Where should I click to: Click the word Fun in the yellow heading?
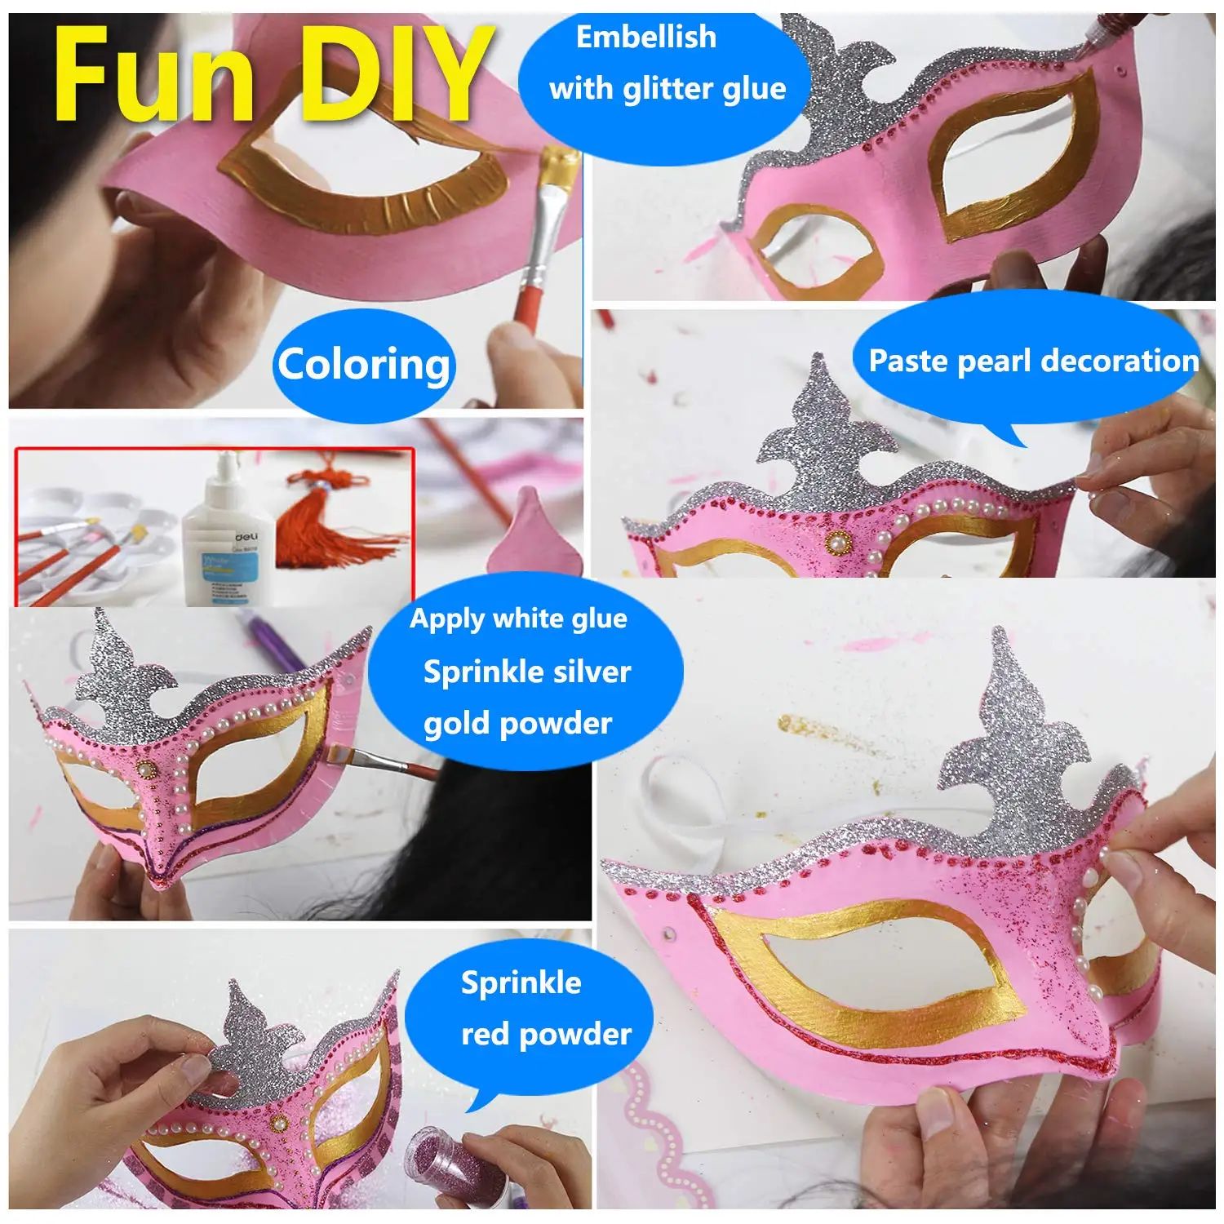[x=153, y=75]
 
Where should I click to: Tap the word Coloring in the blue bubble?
[x=363, y=364]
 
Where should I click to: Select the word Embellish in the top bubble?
[x=645, y=38]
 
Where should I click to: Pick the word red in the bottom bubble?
[x=486, y=1035]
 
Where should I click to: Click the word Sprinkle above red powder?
[x=521, y=983]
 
